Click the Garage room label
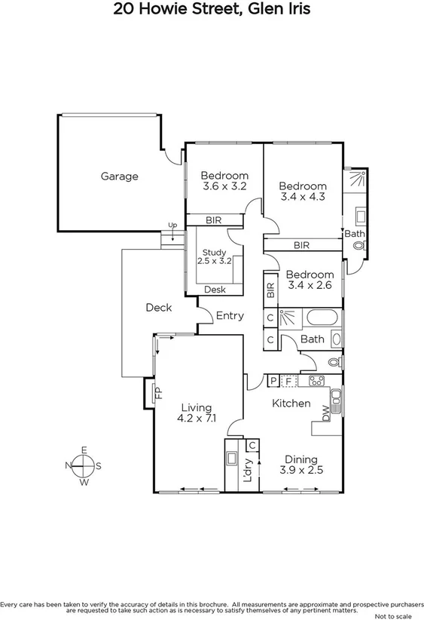(120, 176)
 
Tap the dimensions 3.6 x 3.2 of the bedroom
(224, 186)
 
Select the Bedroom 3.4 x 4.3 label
(303, 192)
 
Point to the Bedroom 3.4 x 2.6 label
(310, 280)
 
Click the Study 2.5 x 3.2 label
(215, 256)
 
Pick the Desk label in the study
(215, 289)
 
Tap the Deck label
(158, 308)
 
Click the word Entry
(230, 316)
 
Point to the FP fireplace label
(159, 393)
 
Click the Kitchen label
(291, 404)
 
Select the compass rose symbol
(84, 466)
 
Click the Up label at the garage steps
(172, 226)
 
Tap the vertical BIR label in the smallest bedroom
(270, 288)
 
